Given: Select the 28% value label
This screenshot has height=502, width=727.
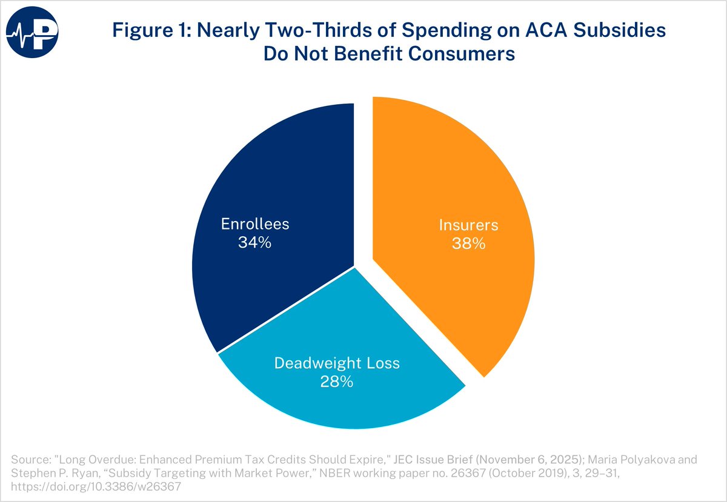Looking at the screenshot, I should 337,382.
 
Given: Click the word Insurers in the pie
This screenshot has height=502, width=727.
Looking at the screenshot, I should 468,225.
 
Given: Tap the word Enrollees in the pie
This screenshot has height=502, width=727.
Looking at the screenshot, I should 254,224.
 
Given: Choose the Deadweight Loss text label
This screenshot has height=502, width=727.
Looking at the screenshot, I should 337,363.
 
